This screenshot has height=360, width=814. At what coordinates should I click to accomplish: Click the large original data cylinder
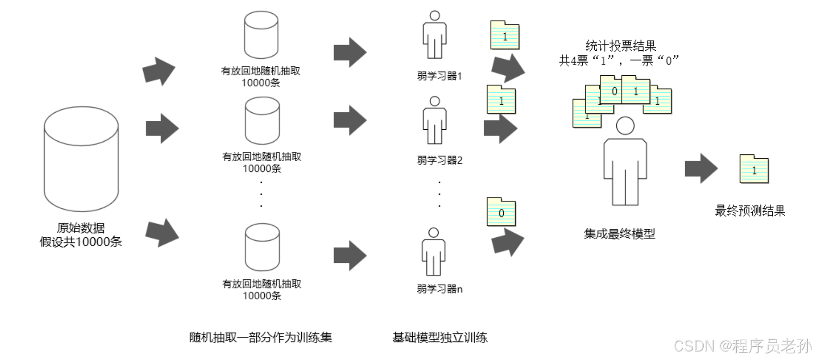point(81,159)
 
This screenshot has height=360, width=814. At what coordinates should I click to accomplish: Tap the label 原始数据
point(81,228)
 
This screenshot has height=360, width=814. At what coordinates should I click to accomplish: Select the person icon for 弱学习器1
point(434,35)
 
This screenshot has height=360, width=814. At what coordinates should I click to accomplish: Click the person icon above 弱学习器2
point(434,120)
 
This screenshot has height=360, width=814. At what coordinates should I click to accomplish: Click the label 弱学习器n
point(439,289)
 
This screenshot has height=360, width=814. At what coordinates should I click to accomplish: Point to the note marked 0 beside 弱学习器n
point(501,212)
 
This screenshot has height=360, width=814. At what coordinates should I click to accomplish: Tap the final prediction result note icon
point(754,169)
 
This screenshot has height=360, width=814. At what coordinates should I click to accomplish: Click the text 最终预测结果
point(750,210)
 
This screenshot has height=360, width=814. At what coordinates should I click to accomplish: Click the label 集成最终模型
point(619,234)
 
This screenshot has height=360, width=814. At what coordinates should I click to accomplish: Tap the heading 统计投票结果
point(621,46)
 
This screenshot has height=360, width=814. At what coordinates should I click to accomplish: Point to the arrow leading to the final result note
point(701,168)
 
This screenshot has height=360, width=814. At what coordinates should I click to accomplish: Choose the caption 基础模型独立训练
point(440,337)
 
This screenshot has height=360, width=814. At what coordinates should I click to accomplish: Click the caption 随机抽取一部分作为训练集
point(261,337)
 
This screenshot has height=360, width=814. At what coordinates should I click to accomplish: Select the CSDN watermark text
point(742,346)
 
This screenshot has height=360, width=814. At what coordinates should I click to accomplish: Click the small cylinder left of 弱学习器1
point(261,35)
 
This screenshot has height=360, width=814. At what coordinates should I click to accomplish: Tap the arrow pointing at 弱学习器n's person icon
point(350,256)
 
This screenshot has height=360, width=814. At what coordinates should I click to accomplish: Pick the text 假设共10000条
point(81,242)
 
